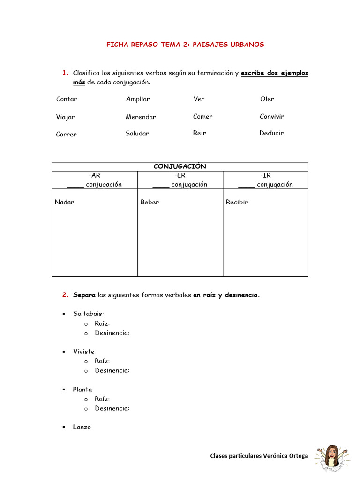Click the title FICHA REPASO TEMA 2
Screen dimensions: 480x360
(185, 45)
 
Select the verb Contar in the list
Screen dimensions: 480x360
(67, 99)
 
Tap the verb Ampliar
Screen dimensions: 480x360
(138, 99)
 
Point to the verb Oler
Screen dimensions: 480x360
(267, 99)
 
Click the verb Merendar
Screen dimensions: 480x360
(141, 117)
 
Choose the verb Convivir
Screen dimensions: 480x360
(272, 116)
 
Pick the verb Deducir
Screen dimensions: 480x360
(271, 133)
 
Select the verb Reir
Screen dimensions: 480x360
(199, 133)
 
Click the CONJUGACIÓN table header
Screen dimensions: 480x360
(180, 166)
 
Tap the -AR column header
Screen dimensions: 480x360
(94, 175)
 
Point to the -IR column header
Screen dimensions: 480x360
(265, 175)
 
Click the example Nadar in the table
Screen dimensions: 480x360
(64, 202)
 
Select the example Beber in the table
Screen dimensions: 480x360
(150, 202)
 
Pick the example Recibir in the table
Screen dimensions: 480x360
(237, 202)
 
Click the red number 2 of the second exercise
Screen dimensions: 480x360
(65, 295)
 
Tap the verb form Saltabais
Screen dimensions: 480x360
(88, 313)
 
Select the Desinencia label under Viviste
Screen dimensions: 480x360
(112, 370)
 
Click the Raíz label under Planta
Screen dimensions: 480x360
(102, 399)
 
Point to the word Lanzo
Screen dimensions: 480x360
(82, 427)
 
